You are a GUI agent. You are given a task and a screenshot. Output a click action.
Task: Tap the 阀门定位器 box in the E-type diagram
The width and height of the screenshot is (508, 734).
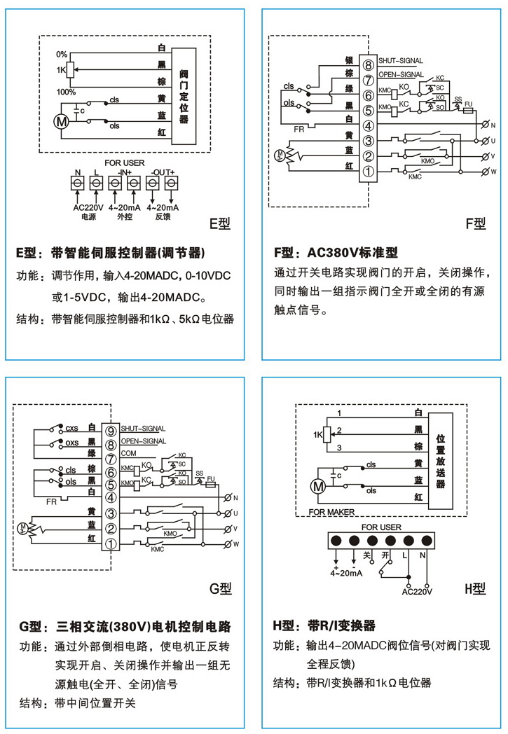click(x=184, y=95)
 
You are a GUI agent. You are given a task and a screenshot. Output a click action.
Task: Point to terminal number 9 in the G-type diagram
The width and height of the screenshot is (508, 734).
click(x=111, y=429)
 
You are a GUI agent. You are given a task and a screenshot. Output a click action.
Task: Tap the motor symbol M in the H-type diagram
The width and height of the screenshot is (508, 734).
click(x=317, y=485)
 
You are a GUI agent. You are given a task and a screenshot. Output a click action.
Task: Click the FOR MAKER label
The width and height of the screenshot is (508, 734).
click(x=331, y=512)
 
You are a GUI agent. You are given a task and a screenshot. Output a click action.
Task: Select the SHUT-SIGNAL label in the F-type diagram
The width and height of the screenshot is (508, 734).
click(x=399, y=61)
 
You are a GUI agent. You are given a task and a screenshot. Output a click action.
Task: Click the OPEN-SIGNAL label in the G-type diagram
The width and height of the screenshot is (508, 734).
click(x=143, y=442)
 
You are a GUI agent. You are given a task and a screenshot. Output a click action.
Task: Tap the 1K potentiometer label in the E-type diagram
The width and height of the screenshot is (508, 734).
click(x=62, y=70)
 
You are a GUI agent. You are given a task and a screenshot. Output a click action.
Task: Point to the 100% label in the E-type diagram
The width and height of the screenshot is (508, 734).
click(x=66, y=92)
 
